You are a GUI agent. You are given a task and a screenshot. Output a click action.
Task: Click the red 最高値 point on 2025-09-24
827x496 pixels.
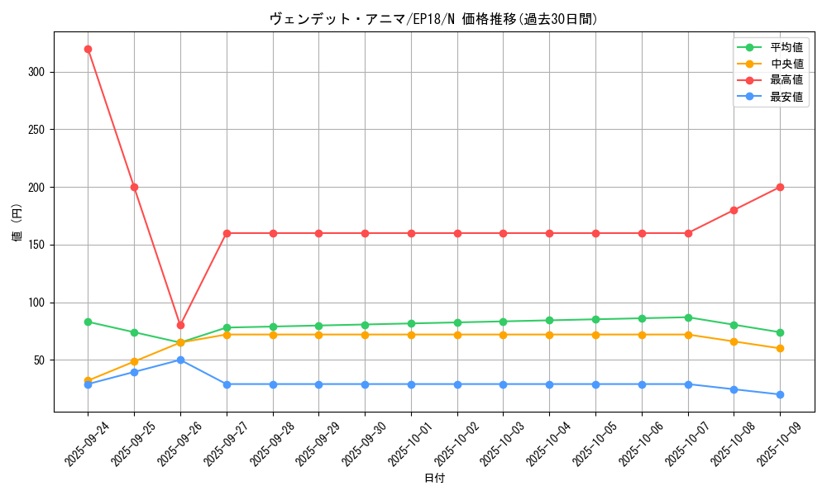(x=88, y=49)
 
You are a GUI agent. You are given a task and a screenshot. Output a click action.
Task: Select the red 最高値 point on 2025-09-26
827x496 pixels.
(x=180, y=325)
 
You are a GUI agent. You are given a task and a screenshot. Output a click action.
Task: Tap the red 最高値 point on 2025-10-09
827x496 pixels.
(x=780, y=187)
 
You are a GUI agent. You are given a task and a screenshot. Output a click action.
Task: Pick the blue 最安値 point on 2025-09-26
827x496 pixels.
(x=180, y=360)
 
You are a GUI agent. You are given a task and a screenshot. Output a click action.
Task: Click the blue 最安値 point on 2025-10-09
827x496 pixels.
(x=780, y=394)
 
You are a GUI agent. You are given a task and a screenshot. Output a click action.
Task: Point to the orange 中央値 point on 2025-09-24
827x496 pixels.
(x=88, y=380)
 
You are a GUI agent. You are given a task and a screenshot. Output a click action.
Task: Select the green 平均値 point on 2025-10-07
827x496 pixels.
(x=688, y=317)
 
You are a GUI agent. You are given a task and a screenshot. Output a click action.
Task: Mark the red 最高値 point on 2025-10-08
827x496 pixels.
(x=734, y=210)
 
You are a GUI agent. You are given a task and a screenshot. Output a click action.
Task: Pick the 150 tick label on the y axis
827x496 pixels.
(x=38, y=245)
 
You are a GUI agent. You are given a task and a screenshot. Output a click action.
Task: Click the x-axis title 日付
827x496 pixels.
(x=434, y=479)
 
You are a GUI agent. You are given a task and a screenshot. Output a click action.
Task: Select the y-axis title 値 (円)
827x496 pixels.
(x=17, y=222)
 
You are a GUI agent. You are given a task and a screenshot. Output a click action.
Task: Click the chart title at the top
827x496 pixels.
(x=434, y=19)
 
